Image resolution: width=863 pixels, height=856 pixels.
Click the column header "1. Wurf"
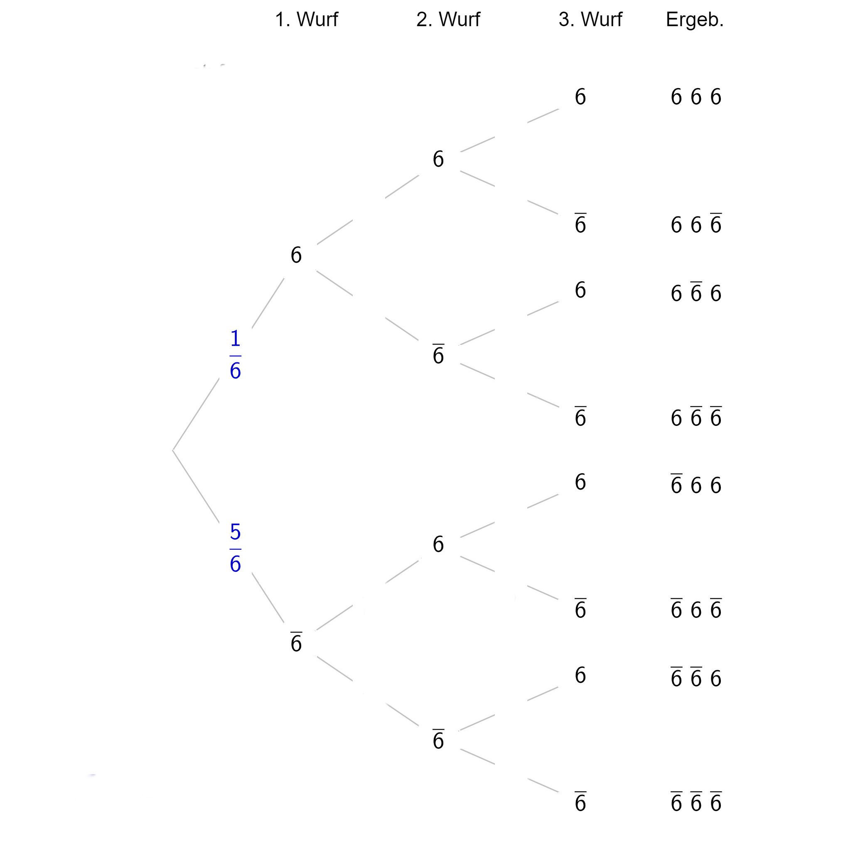(x=306, y=20)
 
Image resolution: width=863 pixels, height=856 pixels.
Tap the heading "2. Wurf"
(x=448, y=20)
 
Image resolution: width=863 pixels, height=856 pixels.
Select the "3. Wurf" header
(x=590, y=20)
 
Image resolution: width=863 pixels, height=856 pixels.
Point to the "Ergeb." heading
(x=695, y=20)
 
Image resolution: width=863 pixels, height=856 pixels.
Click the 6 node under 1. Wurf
(x=296, y=255)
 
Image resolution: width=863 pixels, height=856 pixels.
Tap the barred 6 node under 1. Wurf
(x=296, y=642)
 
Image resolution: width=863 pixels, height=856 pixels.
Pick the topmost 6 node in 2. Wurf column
(x=438, y=159)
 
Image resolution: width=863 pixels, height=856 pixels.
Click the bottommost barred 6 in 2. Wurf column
(x=438, y=738)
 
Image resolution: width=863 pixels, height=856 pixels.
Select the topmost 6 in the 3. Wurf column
(x=580, y=97)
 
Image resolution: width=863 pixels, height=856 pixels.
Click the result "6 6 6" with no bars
(x=696, y=97)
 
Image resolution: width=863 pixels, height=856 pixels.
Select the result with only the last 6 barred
(x=696, y=223)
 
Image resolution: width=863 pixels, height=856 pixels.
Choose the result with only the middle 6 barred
(x=696, y=292)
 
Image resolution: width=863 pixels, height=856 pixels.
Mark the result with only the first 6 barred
(x=696, y=484)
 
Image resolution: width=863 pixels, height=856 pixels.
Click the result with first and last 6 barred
(x=696, y=608)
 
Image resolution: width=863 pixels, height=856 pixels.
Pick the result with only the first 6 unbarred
(x=696, y=416)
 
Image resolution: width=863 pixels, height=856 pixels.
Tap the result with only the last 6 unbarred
(x=696, y=677)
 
